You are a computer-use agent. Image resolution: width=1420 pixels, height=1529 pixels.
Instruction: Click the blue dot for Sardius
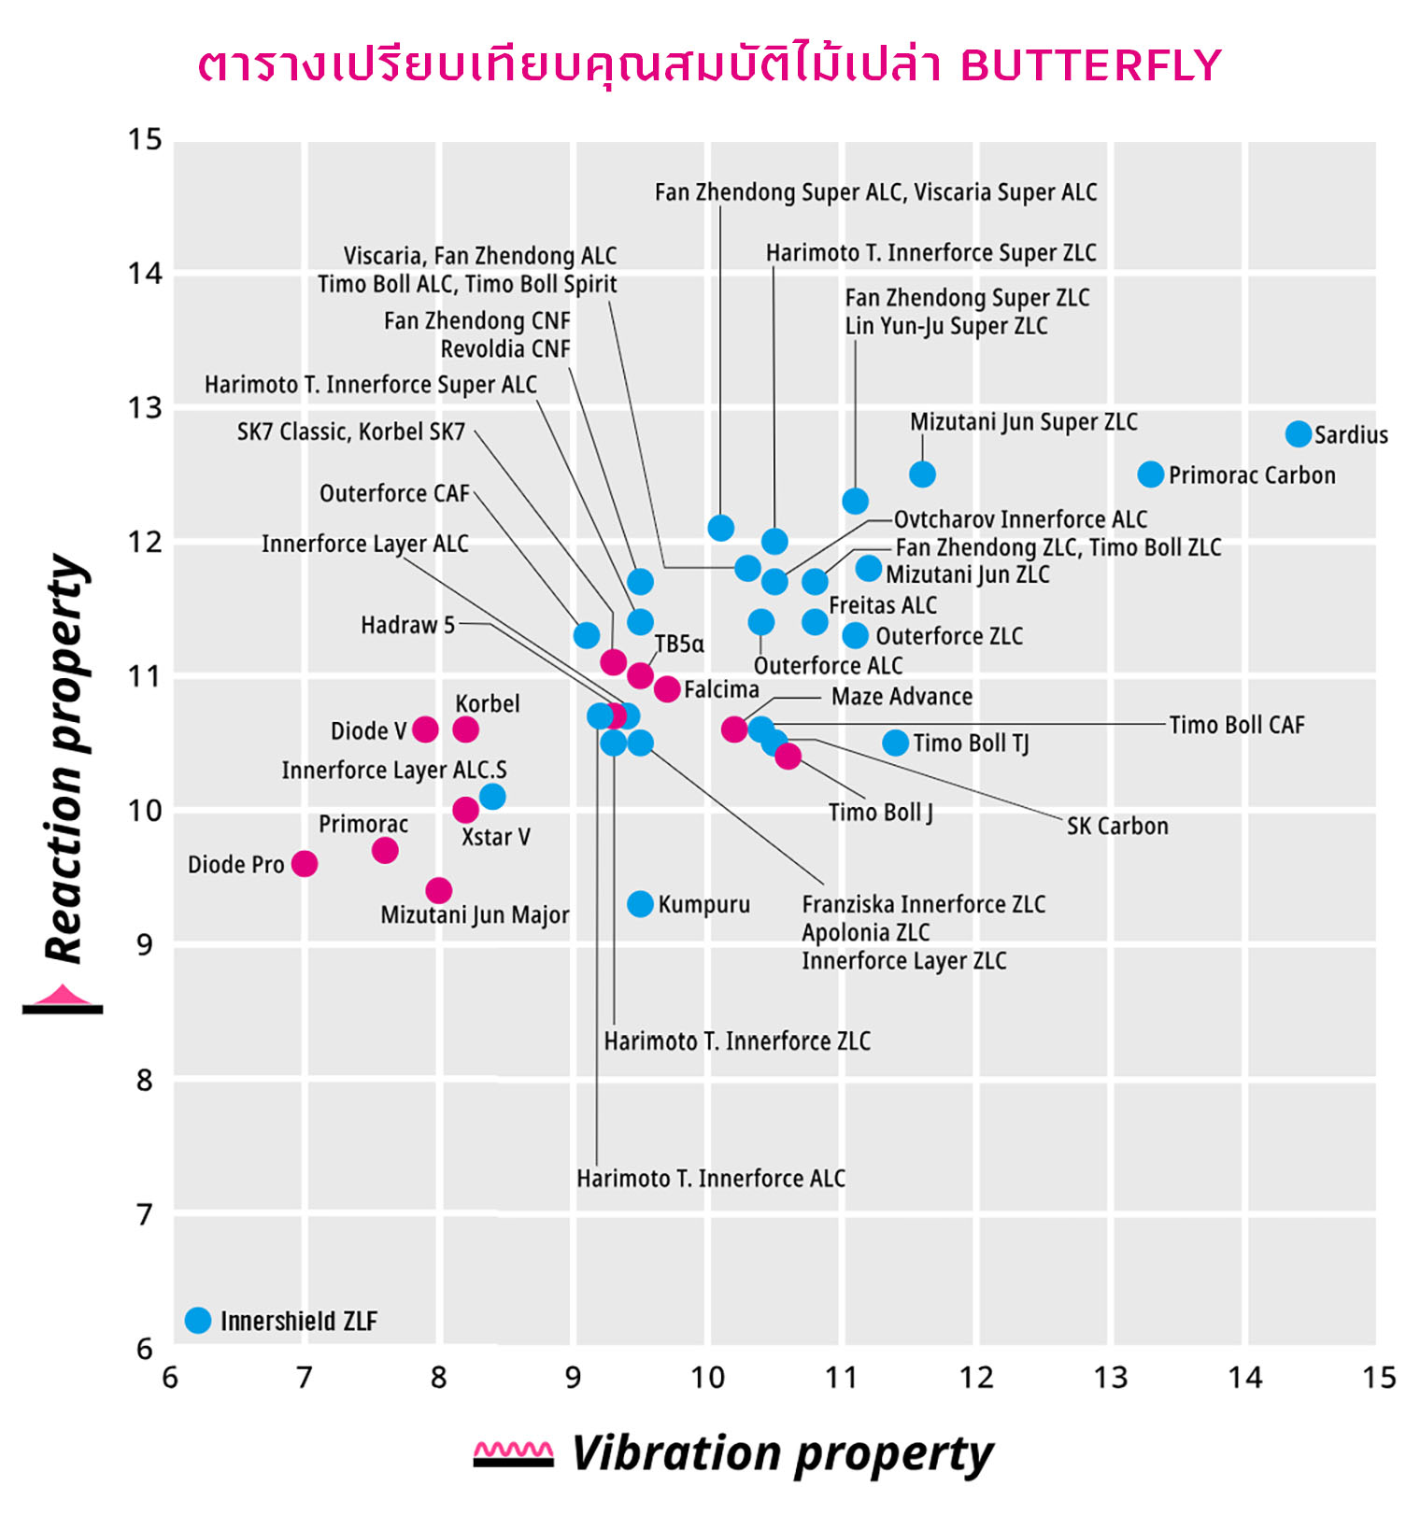(1298, 433)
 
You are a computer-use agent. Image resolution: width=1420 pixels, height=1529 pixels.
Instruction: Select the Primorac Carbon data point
(1150, 474)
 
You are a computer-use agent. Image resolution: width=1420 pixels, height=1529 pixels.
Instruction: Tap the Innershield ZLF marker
(198, 1320)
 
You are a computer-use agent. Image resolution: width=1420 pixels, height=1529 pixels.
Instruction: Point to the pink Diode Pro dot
(305, 863)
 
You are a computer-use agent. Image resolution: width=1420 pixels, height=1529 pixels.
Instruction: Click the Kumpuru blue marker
(640, 903)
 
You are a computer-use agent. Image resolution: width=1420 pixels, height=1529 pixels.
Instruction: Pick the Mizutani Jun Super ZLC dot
(922, 474)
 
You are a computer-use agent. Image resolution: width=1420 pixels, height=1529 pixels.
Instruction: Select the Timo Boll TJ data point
(895, 743)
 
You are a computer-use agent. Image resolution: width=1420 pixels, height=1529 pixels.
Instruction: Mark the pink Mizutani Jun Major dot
(439, 890)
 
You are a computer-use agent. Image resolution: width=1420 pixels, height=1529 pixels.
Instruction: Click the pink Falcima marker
(667, 688)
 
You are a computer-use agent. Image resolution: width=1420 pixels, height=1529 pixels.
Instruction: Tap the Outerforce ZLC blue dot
(855, 635)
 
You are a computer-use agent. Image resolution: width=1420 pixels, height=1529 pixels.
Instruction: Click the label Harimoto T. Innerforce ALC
(710, 1179)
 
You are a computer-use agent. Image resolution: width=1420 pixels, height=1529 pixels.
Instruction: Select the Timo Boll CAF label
(1236, 725)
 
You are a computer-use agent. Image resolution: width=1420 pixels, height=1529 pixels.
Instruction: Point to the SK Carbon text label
(1117, 826)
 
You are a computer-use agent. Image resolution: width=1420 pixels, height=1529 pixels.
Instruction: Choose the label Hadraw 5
(407, 625)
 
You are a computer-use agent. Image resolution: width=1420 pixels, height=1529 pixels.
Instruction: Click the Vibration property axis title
(782, 1453)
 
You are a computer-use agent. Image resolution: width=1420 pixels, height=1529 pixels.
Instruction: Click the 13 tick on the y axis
(145, 407)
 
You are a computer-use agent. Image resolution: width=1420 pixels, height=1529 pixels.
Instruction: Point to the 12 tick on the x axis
(976, 1377)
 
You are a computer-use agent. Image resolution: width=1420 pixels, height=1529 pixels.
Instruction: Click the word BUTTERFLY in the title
(1090, 65)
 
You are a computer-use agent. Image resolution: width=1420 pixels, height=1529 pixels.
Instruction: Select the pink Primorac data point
(385, 850)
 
